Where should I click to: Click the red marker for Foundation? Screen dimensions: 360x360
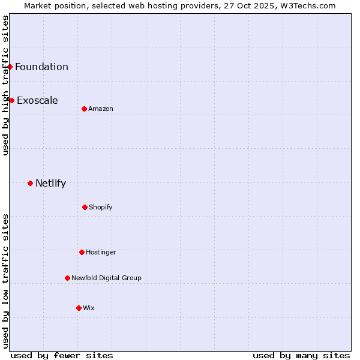pyautogui.click(x=10, y=67)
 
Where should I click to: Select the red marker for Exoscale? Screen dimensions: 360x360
pyautogui.click(x=11, y=100)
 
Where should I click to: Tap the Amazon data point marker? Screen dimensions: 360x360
pyautogui.click(x=84, y=109)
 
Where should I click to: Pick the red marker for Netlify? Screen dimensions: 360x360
pyautogui.click(x=30, y=183)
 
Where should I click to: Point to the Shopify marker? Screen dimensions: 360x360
pyautogui.click(x=85, y=207)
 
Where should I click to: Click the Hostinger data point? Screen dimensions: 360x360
pyautogui.click(x=82, y=252)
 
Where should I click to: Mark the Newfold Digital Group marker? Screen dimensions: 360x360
pyautogui.click(x=67, y=278)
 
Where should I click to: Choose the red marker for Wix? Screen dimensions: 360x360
pyautogui.click(x=79, y=308)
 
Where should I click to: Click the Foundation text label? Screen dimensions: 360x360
pyautogui.click(x=41, y=67)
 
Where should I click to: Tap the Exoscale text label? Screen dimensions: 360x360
pyautogui.click(x=37, y=100)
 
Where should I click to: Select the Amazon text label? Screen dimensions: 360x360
pyautogui.click(x=101, y=109)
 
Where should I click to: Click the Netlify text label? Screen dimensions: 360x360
pyautogui.click(x=50, y=183)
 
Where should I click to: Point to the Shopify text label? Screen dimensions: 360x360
pyautogui.click(x=101, y=207)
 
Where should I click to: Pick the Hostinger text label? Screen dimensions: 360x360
pyautogui.click(x=101, y=252)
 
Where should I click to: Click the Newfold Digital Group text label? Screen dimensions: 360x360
pyautogui.click(x=106, y=278)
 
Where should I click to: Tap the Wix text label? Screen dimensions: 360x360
pyautogui.click(x=89, y=308)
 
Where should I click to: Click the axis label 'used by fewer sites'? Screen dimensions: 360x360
pyautogui.click(x=62, y=355)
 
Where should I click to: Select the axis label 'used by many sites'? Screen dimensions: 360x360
pyautogui.click(x=301, y=355)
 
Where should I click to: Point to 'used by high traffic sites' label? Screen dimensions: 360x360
pyautogui.click(x=5, y=85)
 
